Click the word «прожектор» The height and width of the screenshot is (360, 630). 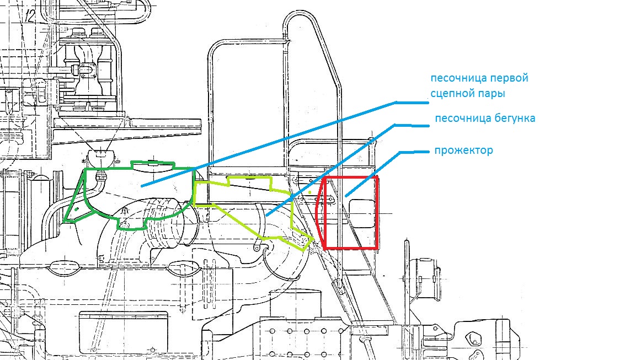pos(463,151)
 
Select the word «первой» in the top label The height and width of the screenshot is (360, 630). pos(508,78)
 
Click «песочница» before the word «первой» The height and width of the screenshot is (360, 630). pos(456,78)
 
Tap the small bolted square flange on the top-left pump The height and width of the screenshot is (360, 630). pos(87,69)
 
